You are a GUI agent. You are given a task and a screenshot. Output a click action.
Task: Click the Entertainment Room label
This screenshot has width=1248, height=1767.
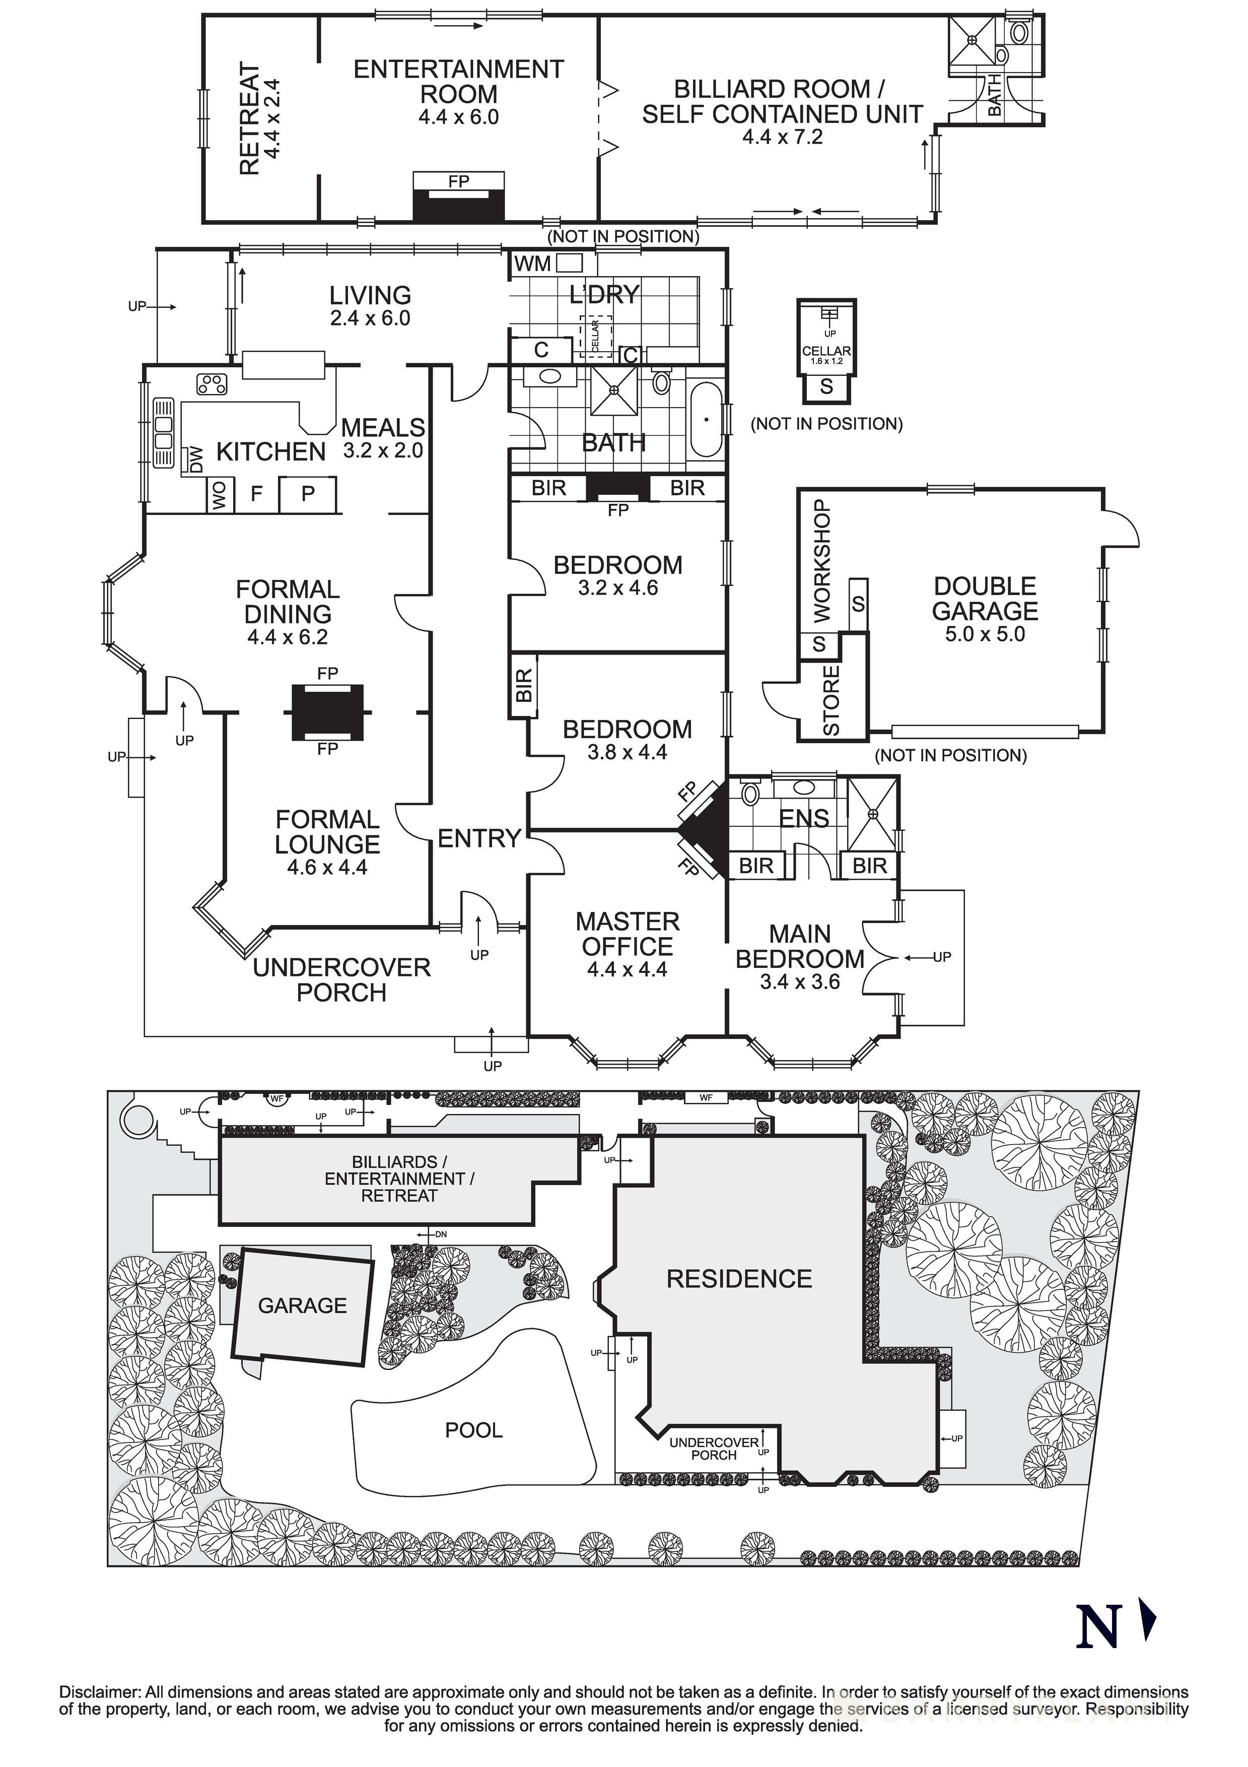459,82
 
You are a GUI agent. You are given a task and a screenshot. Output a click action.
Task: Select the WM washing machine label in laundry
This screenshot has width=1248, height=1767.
532,264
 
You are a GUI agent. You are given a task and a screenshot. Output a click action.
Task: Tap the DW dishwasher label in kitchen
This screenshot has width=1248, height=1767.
196,460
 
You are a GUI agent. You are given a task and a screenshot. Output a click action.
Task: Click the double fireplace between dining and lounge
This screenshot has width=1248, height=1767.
327,711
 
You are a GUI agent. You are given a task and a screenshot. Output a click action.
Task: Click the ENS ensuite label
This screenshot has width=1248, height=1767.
804,818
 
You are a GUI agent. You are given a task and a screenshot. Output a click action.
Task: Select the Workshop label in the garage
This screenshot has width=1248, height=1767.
822,561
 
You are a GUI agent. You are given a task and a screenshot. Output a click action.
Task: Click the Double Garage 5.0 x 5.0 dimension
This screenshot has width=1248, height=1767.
985,634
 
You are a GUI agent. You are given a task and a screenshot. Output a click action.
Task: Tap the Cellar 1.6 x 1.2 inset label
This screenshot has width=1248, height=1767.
826,355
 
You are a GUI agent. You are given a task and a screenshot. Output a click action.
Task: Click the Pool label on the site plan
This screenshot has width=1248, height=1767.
473,1430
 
